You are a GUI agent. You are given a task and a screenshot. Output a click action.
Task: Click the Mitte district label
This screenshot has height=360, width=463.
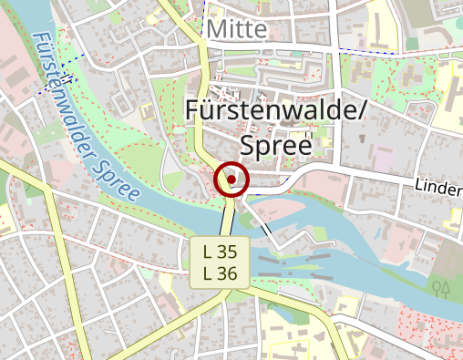point(237,29)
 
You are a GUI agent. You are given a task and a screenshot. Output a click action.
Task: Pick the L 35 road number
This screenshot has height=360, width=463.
point(221,251)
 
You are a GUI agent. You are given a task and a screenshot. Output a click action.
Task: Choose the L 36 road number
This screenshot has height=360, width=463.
point(221,273)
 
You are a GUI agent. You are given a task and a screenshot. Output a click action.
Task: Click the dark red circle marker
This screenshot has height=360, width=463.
point(232,180)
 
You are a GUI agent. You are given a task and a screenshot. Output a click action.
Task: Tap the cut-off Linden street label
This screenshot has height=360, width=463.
point(439,185)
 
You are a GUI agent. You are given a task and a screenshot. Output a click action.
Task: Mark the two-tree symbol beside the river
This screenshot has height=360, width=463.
point(443,289)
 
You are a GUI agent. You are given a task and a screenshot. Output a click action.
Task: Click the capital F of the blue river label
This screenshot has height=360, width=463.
point(40,40)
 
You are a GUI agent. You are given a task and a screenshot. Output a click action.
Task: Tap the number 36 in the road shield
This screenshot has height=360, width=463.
point(228,273)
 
